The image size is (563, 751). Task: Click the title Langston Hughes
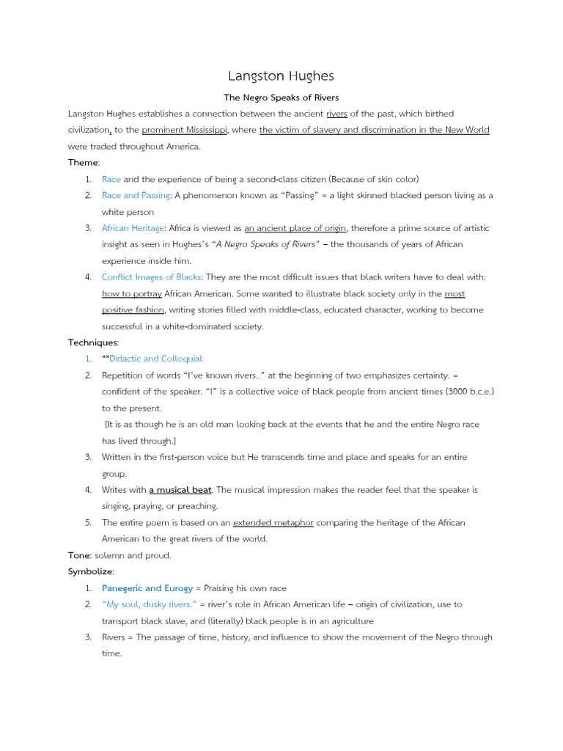(281, 76)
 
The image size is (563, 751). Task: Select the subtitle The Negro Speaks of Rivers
(281, 98)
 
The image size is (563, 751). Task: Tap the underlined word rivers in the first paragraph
(336, 114)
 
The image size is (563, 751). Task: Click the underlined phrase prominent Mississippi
(185, 130)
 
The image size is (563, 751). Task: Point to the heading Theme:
(84, 162)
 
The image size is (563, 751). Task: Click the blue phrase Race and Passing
(136, 195)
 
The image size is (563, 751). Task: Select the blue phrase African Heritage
(133, 228)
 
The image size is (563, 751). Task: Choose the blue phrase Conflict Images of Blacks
(151, 276)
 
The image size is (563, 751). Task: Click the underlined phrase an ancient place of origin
(295, 228)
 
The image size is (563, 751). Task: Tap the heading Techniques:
(93, 342)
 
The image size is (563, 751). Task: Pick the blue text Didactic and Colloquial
(155, 359)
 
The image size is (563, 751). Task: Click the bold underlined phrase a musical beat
(180, 489)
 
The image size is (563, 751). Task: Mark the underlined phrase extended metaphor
(273, 522)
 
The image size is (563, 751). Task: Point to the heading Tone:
(80, 555)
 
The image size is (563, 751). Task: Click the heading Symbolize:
(91, 571)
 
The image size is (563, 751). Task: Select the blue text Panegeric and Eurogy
(147, 588)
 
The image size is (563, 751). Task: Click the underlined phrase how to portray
(126, 293)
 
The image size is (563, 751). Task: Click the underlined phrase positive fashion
(133, 309)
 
